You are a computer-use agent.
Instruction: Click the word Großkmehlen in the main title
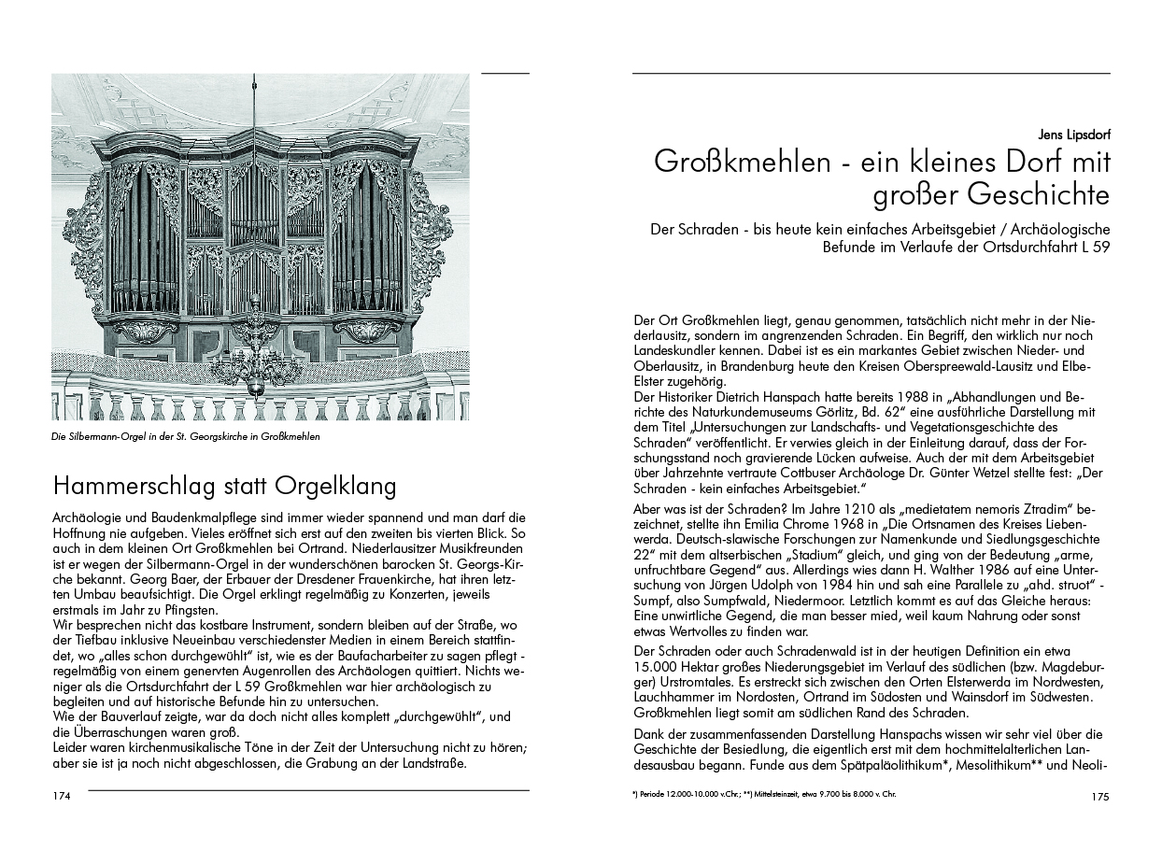(742, 163)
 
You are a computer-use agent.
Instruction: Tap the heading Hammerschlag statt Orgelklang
(225, 487)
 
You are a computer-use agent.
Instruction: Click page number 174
(62, 797)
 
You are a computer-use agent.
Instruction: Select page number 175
(1098, 797)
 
